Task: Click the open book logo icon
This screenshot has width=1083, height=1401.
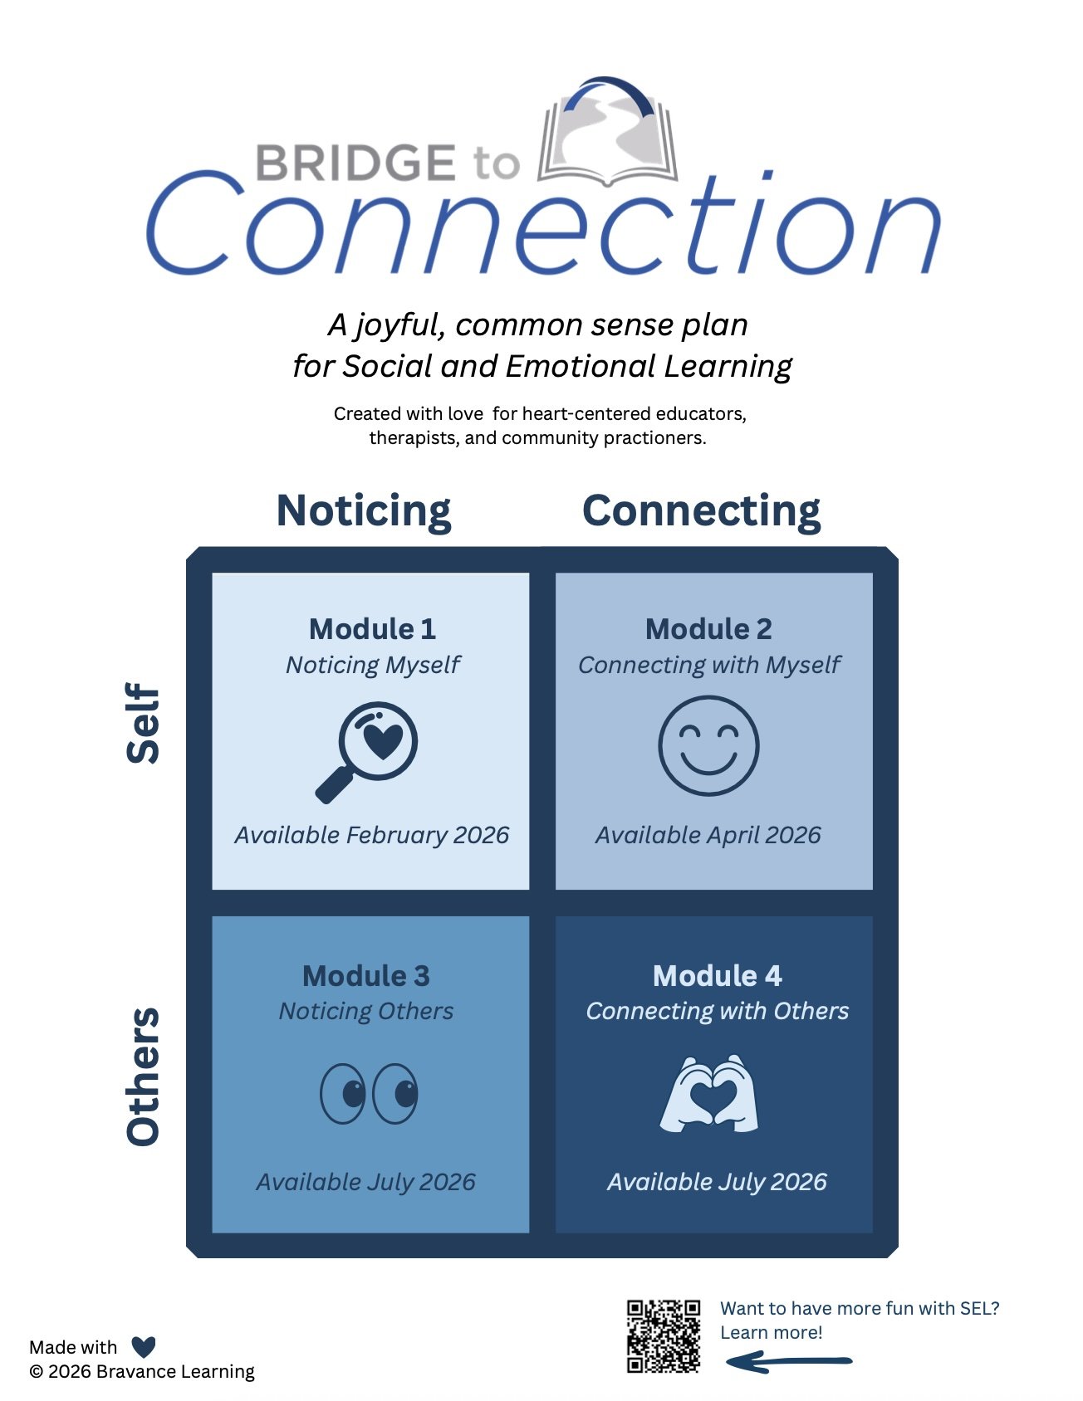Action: tap(608, 133)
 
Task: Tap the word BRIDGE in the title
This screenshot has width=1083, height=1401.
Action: tap(355, 163)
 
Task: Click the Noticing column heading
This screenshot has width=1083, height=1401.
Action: tap(364, 510)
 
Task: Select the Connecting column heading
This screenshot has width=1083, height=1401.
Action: tap(702, 510)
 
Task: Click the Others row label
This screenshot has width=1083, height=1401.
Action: tap(143, 1076)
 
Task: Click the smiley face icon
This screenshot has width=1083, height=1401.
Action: tap(708, 745)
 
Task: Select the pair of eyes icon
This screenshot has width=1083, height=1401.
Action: tap(369, 1093)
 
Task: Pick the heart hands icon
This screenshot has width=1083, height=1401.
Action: tap(709, 1094)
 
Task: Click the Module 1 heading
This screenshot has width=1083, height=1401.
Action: tap(372, 629)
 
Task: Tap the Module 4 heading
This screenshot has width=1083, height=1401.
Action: tap(717, 976)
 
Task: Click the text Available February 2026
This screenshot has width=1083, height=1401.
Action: tap(371, 835)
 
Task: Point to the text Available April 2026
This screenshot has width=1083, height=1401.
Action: tap(708, 835)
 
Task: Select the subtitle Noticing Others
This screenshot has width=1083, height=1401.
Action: tap(366, 1011)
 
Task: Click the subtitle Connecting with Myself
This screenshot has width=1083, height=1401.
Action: tap(708, 665)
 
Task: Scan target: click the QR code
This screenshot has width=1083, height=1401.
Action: tap(663, 1336)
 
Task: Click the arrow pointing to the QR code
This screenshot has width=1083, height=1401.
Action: tap(789, 1361)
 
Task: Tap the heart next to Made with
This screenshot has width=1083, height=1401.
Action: tap(144, 1347)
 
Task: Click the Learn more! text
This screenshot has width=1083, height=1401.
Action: tap(771, 1333)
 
